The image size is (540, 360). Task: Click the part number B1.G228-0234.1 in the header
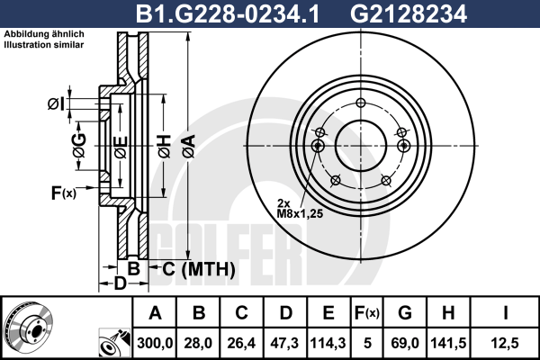point(228,13)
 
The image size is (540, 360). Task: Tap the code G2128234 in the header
point(409,13)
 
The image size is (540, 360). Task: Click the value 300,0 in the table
point(155,343)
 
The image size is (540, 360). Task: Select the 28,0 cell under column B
point(199,343)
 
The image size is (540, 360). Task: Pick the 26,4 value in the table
point(241,343)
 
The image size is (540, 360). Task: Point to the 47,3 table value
point(285,343)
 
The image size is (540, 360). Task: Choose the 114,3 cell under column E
point(328,343)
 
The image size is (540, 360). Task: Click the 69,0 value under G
point(405,343)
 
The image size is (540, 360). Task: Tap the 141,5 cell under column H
point(448,343)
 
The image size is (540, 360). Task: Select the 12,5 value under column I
point(505,343)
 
